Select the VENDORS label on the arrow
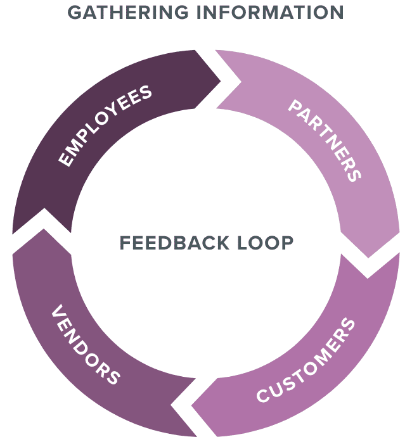click(85, 346)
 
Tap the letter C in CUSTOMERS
click(263, 396)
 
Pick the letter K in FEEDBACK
click(212, 243)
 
